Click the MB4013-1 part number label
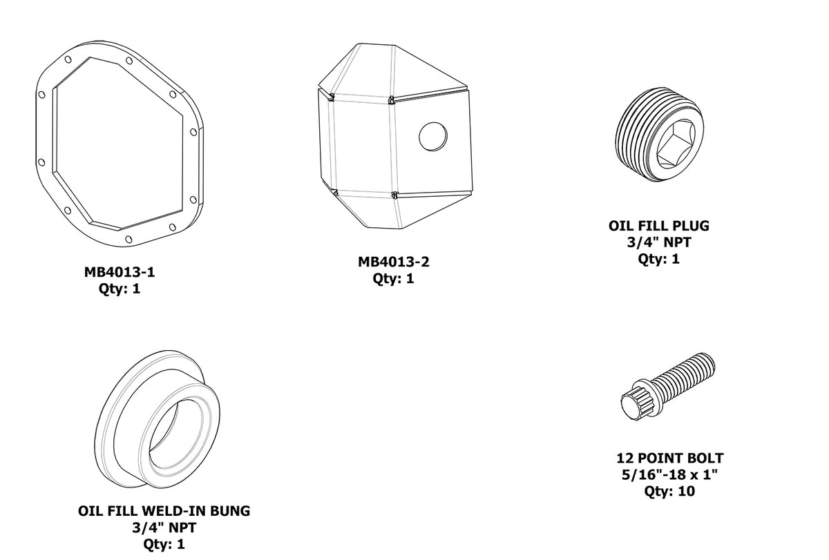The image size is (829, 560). [120, 272]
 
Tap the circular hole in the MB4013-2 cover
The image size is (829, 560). [433, 135]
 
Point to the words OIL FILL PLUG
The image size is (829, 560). [658, 226]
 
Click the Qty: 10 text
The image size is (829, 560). [669, 492]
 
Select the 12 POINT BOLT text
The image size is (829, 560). [669, 458]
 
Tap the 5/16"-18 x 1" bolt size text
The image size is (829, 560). [669, 475]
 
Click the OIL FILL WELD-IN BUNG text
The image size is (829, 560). [164, 511]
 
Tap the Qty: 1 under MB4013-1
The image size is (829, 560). [120, 289]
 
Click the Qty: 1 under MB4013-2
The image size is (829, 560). [393, 279]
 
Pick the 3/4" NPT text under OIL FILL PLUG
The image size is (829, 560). [658, 242]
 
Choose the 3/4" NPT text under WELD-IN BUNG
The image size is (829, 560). [164, 528]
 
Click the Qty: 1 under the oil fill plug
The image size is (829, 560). [658, 259]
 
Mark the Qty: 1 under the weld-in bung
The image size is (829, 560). [164, 544]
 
